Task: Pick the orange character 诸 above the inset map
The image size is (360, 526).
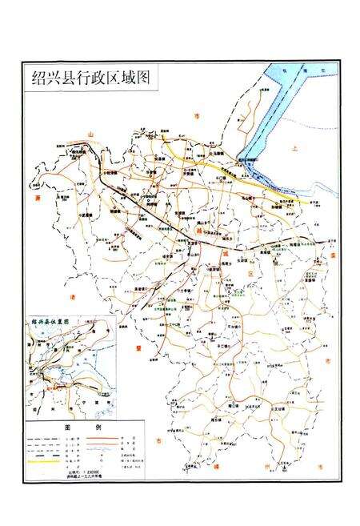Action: point(73,297)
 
